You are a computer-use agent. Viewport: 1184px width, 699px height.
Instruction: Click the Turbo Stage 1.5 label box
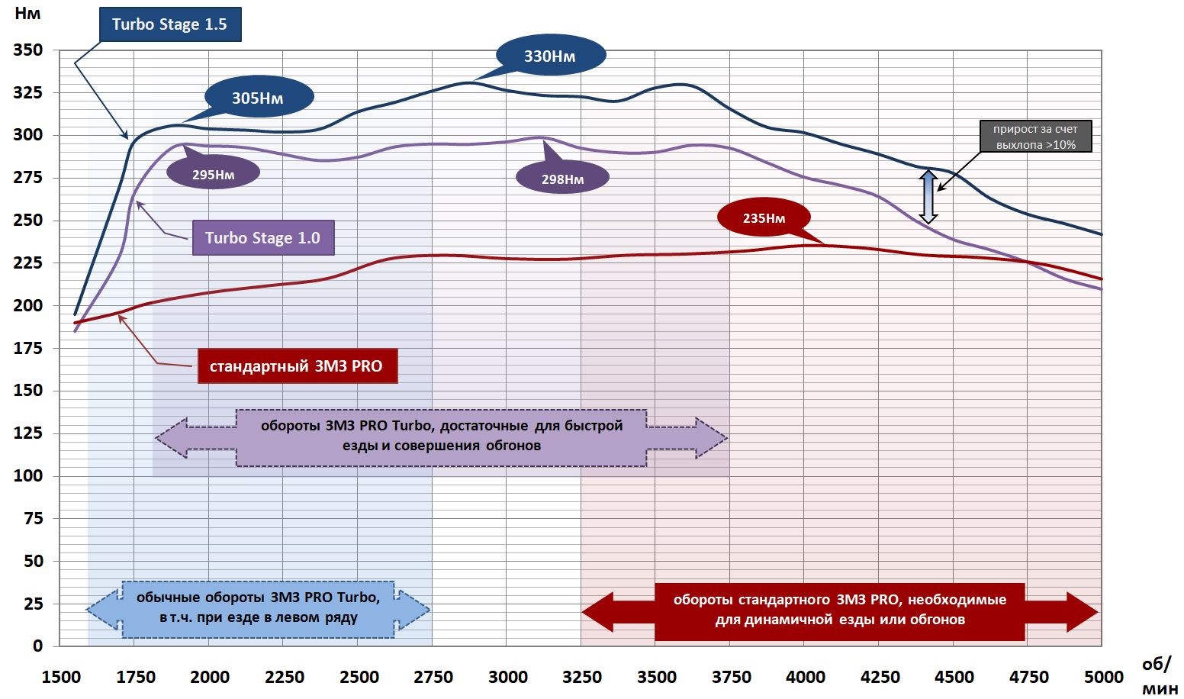coord(170,24)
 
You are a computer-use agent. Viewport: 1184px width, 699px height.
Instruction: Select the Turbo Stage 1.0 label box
coord(263,238)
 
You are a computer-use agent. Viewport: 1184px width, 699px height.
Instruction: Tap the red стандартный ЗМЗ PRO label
coord(297,366)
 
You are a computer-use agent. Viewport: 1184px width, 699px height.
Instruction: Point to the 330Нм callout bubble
coord(550,56)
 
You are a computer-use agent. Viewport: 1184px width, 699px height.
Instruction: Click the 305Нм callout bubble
coord(258,98)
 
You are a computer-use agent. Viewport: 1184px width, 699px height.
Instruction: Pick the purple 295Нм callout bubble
coord(214,174)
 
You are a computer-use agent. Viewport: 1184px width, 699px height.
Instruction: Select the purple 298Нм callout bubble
coord(563,179)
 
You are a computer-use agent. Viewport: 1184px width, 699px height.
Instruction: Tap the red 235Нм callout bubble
coord(764,218)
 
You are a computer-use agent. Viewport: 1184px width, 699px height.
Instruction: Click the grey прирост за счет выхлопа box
coord(1035,137)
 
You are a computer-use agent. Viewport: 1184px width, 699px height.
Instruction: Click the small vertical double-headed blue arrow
coord(928,197)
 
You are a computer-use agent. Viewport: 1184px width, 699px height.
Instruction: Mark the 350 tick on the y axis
coord(28,50)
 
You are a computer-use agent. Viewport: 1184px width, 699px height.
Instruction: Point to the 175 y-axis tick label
coord(28,348)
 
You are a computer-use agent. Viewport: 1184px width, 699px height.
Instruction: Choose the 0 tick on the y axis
coord(37,646)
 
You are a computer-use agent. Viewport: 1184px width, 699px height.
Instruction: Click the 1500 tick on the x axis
coord(61,677)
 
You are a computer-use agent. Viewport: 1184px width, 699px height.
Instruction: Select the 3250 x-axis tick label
coord(582,677)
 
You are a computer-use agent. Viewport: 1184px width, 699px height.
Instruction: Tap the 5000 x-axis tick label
coord(1103,677)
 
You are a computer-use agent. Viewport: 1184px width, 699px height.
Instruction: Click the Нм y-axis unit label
coord(27,13)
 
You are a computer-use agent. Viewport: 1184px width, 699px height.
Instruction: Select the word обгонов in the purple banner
coord(513,446)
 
